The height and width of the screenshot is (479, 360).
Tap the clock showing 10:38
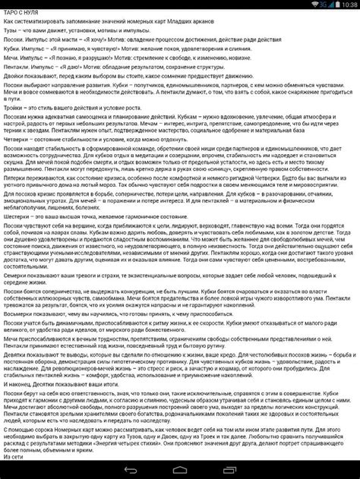pos(346,5)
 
